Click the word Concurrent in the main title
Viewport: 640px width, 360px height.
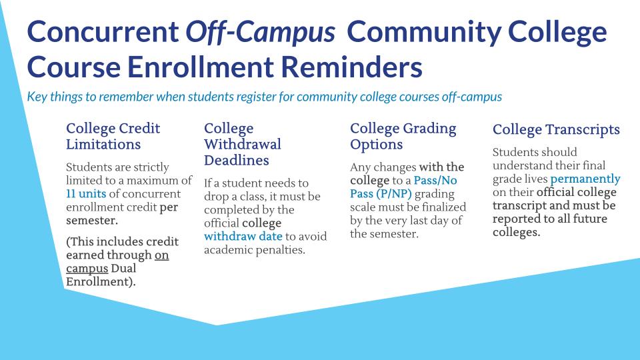pyautogui.click(x=103, y=32)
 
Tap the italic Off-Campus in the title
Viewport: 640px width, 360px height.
pyautogui.click(x=261, y=33)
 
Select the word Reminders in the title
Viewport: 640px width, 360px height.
pyautogui.click(x=352, y=67)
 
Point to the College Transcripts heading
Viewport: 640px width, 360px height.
pyautogui.click(x=556, y=130)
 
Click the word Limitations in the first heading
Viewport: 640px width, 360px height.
pyautogui.click(x=103, y=144)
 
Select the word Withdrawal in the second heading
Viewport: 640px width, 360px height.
pyautogui.click(x=243, y=144)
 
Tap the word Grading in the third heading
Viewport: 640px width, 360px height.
pyautogui.click(x=429, y=129)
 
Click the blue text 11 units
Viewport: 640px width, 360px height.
pyautogui.click(x=86, y=193)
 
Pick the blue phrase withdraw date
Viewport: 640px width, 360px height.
pyautogui.click(x=243, y=236)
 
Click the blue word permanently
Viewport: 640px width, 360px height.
pyautogui.click(x=585, y=179)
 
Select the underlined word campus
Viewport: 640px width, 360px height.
pyautogui.click(x=87, y=269)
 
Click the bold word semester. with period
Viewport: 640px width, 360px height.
pyautogui.click(x=92, y=221)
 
